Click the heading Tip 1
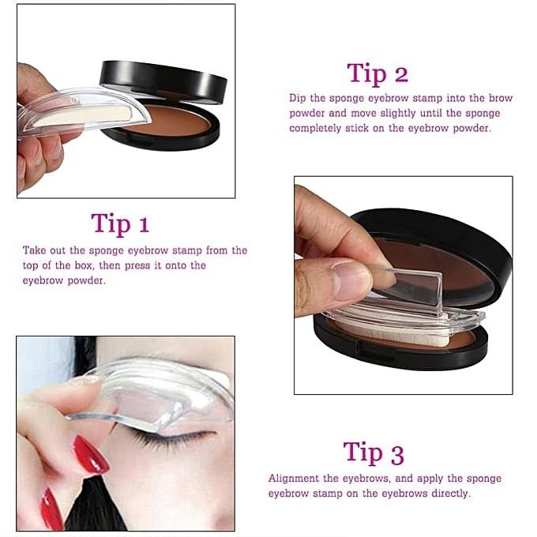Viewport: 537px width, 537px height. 120,223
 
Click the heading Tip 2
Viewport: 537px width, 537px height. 377,73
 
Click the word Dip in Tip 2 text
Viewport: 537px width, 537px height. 297,98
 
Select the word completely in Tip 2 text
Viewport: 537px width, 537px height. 315,129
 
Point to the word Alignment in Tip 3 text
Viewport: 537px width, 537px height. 294,479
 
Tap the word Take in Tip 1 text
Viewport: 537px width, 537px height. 34,250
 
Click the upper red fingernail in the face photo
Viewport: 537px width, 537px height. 90,455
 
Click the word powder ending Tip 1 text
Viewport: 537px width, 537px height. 87,281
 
